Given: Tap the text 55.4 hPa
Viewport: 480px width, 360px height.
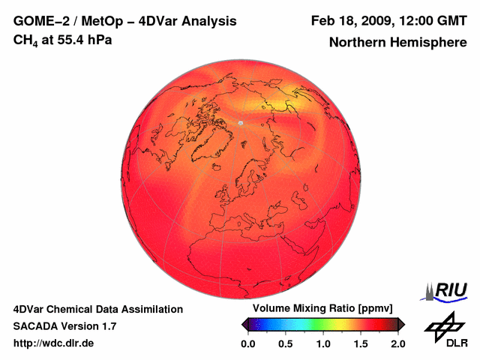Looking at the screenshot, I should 83,40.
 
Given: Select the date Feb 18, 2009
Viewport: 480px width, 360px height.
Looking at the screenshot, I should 351,20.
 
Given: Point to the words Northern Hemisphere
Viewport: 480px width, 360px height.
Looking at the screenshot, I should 397,43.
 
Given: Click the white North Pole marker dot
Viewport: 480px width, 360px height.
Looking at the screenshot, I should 241,122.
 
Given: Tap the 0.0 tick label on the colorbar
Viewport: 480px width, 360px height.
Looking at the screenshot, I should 248,343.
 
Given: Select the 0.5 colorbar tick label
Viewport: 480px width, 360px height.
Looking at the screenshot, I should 286,343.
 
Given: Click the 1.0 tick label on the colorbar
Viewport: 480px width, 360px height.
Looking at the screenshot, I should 323,343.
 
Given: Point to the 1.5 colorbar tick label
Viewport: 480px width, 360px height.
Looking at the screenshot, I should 361,343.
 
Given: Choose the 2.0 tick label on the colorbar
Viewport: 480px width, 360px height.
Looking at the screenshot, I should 397,343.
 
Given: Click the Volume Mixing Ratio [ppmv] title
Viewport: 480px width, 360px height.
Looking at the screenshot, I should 322,309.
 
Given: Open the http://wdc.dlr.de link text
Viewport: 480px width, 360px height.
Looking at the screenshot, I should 54,343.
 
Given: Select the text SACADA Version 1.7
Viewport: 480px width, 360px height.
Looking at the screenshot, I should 64,326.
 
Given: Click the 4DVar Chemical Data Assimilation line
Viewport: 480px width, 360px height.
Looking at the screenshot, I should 97,309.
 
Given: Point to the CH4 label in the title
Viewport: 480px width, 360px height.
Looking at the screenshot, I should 25,40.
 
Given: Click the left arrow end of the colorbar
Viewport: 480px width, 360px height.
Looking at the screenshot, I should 244,324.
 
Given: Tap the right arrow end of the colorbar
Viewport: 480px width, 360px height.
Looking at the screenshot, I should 401,324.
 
